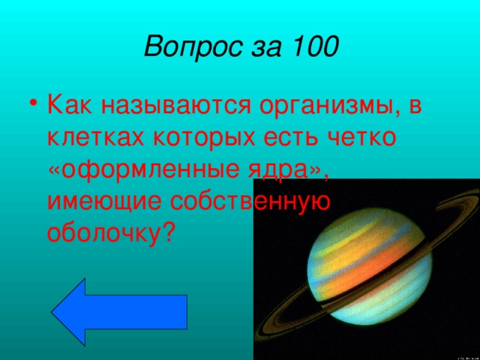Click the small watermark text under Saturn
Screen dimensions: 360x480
coord(462,352)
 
